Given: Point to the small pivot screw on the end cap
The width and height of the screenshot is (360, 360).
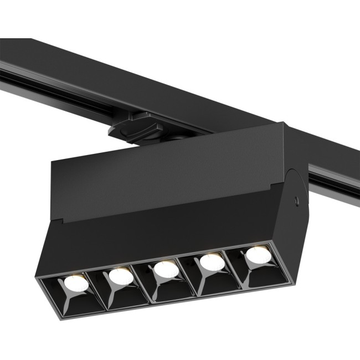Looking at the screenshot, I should click(299, 199).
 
